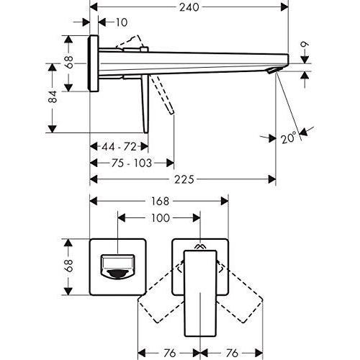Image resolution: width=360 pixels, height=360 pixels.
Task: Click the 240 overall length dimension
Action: (189, 7)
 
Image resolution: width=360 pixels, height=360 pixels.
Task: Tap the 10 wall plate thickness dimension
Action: (122, 22)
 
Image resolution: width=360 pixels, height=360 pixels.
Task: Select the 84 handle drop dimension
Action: (53, 96)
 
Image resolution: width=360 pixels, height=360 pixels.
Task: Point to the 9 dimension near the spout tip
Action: (305, 45)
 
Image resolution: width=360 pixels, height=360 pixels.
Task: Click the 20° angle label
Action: (289, 138)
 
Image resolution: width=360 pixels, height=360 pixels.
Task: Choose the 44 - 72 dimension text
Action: (119, 147)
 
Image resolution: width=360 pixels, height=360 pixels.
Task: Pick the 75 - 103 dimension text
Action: (132, 163)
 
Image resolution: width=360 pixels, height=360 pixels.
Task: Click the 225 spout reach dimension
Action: (184, 179)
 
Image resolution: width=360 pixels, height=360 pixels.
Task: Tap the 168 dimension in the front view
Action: (160, 201)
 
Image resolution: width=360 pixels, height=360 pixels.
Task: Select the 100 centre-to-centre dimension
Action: (161, 218)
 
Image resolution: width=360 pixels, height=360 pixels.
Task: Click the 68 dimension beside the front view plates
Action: (68, 266)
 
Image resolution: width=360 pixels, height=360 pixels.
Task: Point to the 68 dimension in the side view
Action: (68, 62)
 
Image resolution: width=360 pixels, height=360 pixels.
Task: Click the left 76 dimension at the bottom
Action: (169, 353)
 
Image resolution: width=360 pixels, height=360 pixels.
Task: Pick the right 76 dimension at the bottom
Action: (232, 353)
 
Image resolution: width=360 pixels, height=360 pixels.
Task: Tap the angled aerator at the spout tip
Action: (272, 71)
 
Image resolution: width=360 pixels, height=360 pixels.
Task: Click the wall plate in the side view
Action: (94, 63)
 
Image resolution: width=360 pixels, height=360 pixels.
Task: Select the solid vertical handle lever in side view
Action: (145, 104)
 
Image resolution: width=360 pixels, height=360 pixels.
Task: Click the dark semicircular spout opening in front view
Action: (117, 274)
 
